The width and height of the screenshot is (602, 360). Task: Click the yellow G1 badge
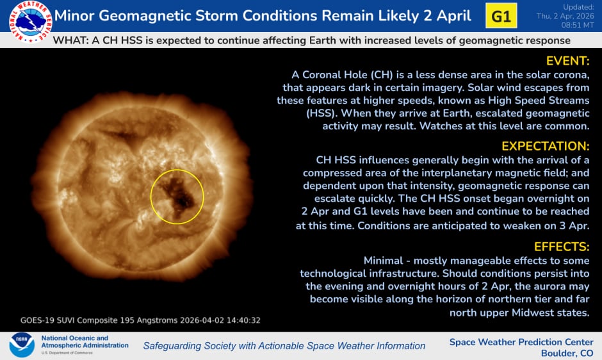[501, 16]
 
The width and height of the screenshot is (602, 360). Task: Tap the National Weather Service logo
[30, 22]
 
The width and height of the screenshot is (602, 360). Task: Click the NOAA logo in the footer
[22, 345]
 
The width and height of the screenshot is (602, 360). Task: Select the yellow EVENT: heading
[567, 61]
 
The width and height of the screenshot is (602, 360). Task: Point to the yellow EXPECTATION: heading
[545, 146]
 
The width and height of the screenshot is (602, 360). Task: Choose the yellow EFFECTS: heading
[561, 246]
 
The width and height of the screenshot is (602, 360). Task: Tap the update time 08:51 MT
[578, 25]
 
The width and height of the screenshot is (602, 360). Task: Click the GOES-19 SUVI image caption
[140, 320]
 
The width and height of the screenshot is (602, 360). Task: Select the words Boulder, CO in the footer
[567, 353]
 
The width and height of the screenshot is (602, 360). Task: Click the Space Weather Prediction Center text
[521, 342]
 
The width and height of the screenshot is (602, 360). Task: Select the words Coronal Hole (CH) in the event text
[347, 74]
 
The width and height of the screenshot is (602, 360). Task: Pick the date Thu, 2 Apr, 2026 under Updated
[565, 16]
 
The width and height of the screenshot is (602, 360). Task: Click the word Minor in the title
[74, 16]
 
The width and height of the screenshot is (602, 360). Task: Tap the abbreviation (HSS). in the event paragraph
[321, 113]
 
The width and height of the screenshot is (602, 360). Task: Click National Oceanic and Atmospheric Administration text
[85, 341]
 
